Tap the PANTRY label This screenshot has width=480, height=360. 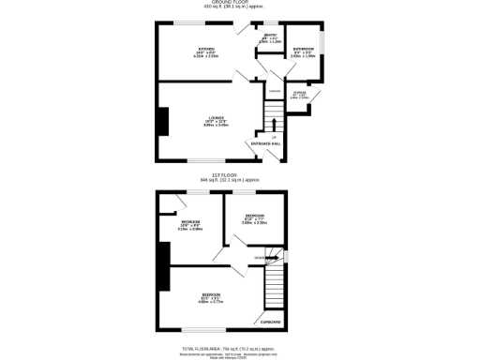(270, 37)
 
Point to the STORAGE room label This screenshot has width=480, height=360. (299, 93)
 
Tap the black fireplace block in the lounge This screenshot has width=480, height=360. (163, 121)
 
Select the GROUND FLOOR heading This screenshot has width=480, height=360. (240, 4)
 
